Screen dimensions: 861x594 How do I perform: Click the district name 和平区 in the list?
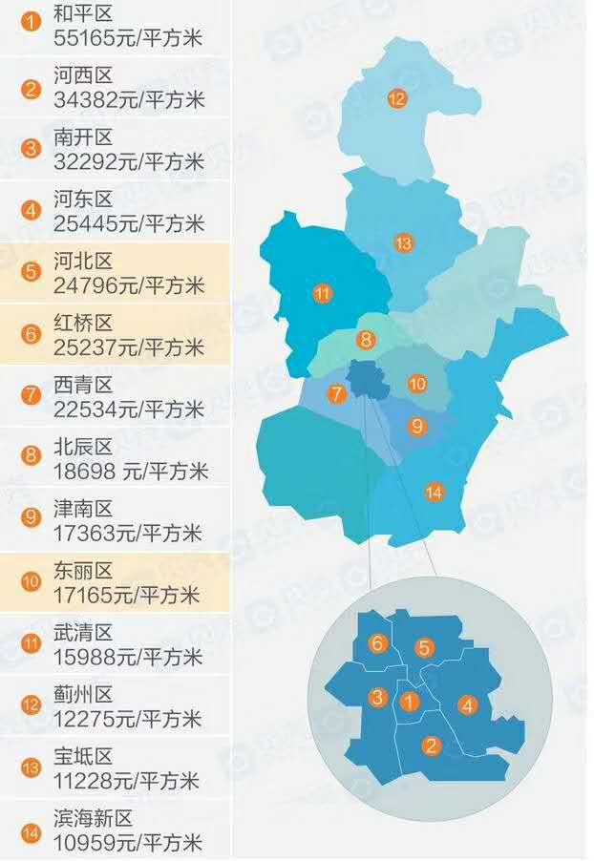83,14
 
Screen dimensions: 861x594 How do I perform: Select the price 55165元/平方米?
129,39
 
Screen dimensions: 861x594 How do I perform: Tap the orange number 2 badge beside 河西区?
32,90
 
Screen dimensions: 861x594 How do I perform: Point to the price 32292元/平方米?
129,162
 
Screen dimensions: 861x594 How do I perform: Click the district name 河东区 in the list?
83,199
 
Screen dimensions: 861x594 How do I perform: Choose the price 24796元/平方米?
129,285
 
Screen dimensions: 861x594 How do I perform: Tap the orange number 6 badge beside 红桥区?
32,333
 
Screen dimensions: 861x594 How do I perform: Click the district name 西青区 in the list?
83,385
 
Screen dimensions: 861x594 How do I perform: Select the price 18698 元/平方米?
131,472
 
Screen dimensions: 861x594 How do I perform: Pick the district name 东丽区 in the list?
83,571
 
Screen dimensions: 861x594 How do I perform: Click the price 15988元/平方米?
129,657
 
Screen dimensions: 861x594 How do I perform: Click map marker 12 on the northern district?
397,97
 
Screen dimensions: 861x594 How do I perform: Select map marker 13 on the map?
404,243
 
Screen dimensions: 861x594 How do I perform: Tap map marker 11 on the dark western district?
322,293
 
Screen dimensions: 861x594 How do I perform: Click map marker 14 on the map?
435,493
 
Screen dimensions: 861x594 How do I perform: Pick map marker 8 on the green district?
365,339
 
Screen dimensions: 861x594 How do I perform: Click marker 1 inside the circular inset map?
409,703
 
